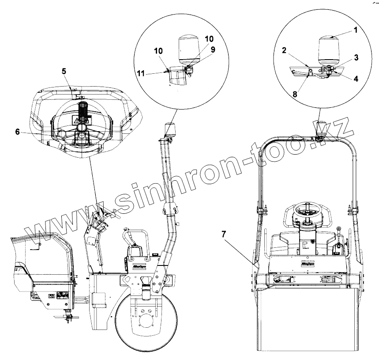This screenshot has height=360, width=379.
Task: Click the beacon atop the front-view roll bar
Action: coord(322,128)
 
